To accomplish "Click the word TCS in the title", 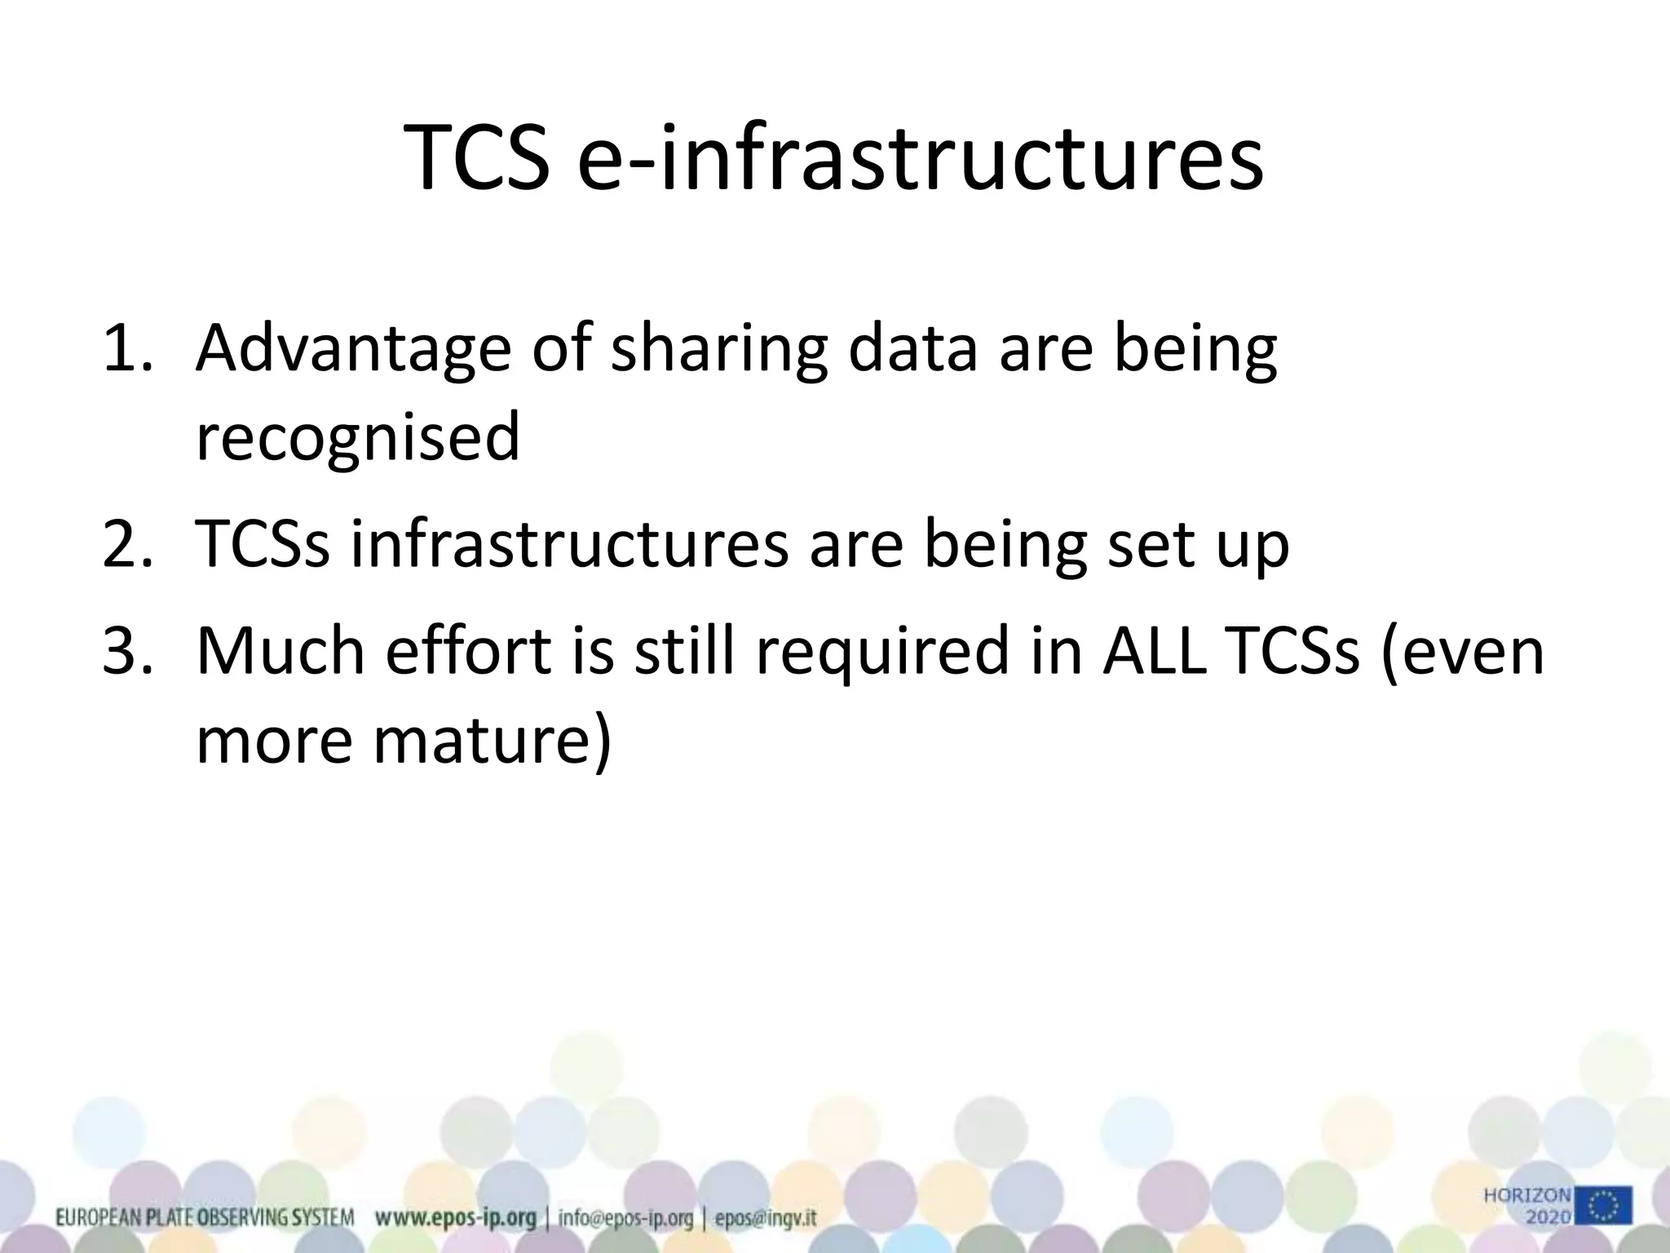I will [476, 157].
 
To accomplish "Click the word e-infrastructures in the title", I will [921, 157].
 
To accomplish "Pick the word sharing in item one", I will [718, 348].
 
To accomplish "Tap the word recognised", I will [357, 436].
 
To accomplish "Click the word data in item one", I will [912, 348].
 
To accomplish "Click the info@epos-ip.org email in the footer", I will [625, 1219].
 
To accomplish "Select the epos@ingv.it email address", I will [766, 1219].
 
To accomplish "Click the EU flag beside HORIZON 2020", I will [1603, 1206].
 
